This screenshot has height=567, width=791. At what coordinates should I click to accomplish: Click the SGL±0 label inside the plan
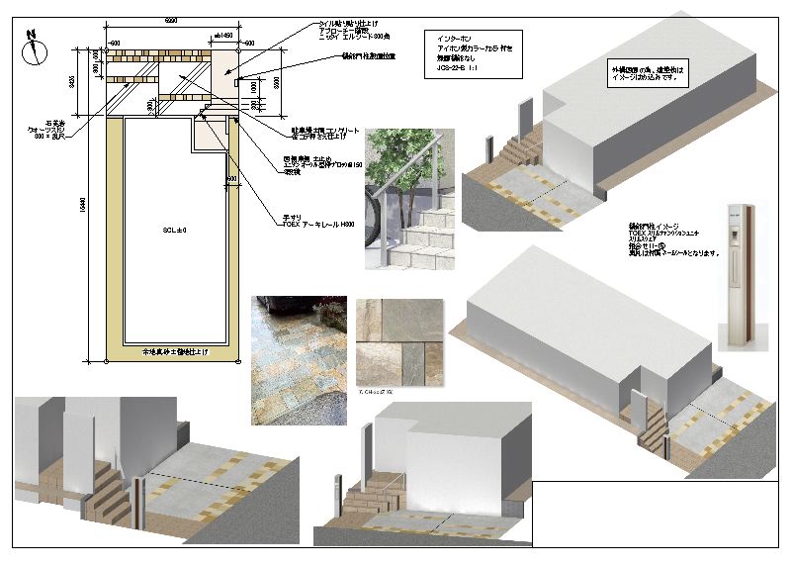tap(175, 230)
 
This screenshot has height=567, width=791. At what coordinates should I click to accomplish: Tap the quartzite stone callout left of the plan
tap(50, 129)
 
